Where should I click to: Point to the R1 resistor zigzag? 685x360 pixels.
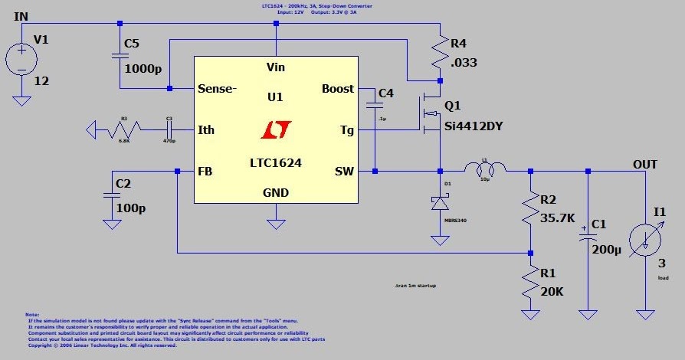[529, 283]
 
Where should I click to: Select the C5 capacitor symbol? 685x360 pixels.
[120, 56]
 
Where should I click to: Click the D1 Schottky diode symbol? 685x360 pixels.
[441, 203]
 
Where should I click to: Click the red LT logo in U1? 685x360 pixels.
[274, 130]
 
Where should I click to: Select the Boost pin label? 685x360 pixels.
[338, 89]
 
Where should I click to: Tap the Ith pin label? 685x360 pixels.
[206, 129]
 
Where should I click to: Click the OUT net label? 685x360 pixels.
[644, 164]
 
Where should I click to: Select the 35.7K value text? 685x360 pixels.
[558, 218]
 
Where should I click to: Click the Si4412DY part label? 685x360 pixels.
[475, 126]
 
